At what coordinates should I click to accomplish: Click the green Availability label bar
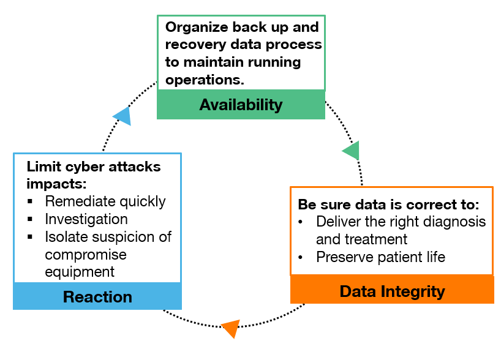point(241,105)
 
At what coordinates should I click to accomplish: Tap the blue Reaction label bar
point(97,296)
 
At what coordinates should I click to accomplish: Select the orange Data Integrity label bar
point(392,290)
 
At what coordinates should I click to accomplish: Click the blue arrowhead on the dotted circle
point(122,116)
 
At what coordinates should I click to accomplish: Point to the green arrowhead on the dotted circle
point(352,151)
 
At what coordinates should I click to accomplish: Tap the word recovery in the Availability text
point(195,45)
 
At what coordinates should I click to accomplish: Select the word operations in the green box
point(205,80)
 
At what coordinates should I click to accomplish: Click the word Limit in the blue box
point(43,167)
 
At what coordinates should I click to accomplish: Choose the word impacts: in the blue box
point(56,184)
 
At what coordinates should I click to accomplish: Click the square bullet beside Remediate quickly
point(30,201)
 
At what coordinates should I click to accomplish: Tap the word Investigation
point(86,219)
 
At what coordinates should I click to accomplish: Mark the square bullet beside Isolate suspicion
point(30,237)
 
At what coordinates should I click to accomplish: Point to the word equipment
point(80,272)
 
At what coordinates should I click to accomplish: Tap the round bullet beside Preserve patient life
point(300,257)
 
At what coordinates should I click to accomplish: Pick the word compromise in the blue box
point(86,255)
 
